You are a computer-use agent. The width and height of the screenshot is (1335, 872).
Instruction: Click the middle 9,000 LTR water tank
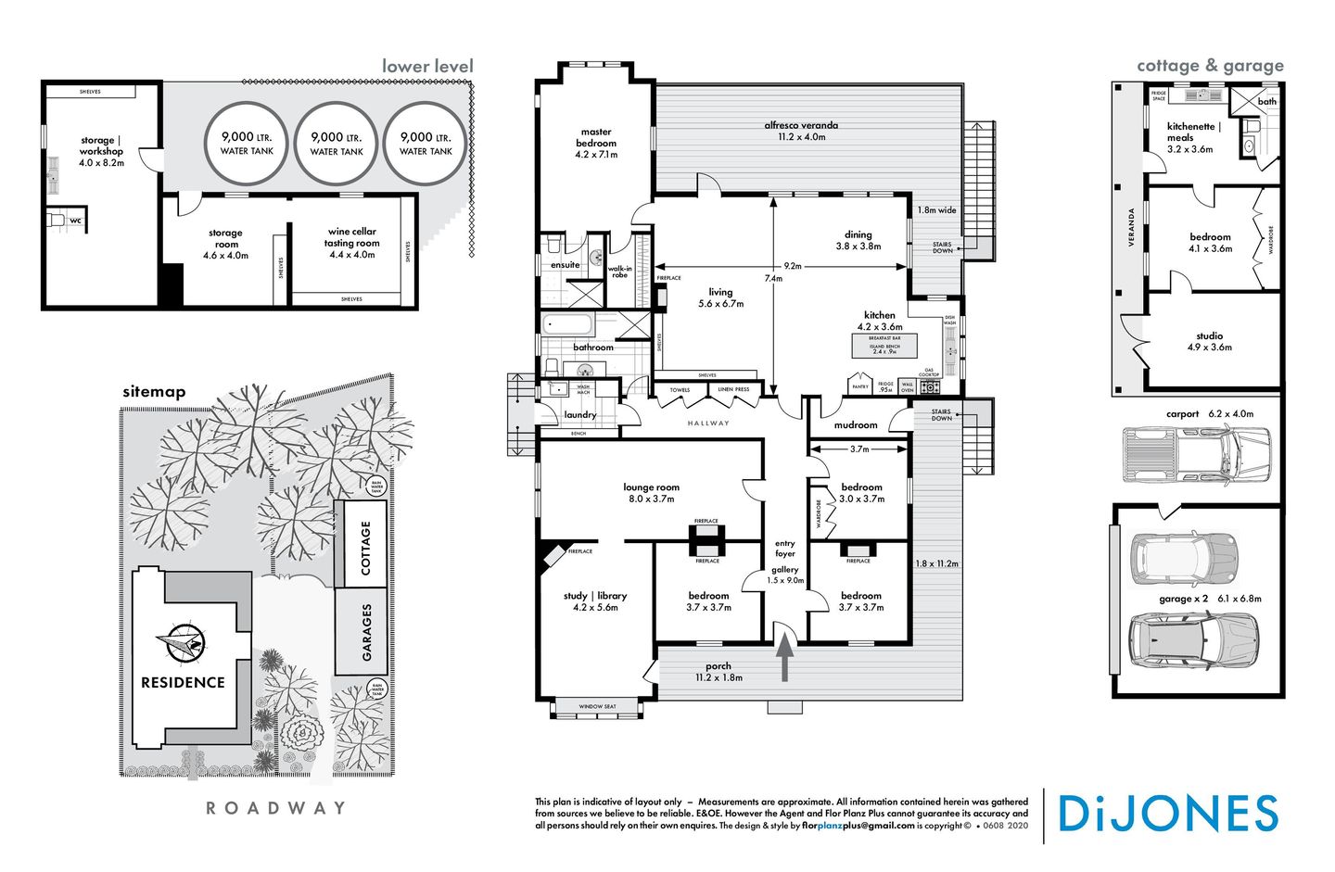coord(337,143)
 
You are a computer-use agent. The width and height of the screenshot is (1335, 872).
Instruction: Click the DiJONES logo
coord(1167,814)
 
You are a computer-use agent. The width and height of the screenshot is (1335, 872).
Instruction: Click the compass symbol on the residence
coord(182,641)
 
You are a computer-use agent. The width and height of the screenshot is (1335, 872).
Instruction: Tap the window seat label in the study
coord(597,707)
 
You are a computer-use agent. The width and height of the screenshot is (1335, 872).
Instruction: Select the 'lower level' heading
coord(427,66)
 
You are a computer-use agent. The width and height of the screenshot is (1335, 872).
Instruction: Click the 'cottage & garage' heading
coord(1210,66)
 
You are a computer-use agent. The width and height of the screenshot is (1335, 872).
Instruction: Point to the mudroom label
coord(855,424)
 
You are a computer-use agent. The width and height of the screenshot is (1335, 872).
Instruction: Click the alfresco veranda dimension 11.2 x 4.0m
coord(801,136)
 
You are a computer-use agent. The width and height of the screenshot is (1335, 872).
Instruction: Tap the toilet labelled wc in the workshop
coord(57,221)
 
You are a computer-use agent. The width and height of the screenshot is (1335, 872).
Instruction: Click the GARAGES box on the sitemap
coord(365,632)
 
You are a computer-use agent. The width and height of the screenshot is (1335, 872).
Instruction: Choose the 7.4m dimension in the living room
coord(772,278)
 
